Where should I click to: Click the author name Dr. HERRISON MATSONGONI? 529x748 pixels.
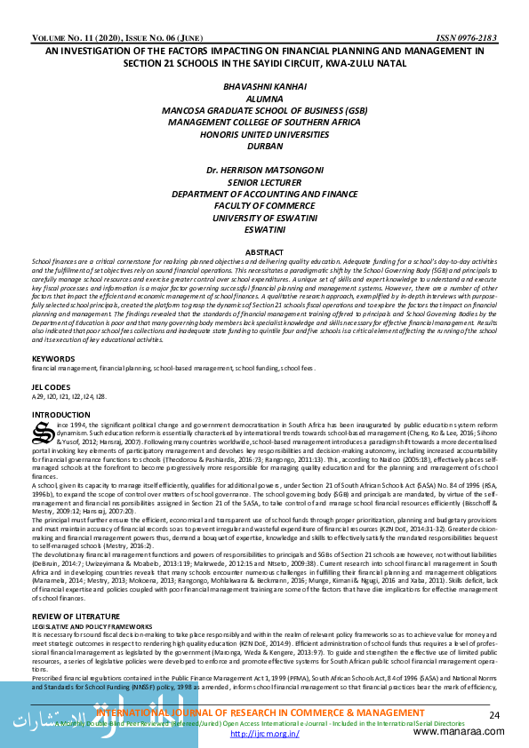point(264,169)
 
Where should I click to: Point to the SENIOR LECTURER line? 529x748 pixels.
point(264,181)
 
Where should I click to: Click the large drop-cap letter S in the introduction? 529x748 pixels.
point(42,433)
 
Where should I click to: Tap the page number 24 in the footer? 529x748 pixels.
point(494,715)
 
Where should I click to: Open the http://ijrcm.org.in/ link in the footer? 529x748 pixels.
point(263,735)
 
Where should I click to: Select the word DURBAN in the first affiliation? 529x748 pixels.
point(264,145)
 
